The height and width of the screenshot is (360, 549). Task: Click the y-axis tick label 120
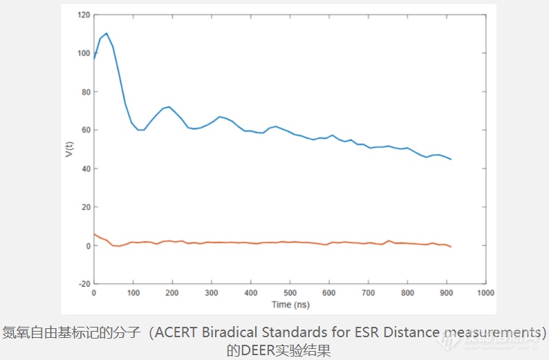[84, 15]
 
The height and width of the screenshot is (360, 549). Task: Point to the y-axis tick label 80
[86, 92]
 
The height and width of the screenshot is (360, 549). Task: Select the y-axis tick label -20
[84, 284]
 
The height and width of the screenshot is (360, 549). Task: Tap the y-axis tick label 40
[86, 169]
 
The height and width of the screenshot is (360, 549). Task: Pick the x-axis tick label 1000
[485, 294]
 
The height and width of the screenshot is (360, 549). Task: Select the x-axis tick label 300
[212, 294]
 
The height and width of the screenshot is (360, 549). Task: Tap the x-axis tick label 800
[407, 294]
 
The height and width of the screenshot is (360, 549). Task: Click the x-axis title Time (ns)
[290, 304]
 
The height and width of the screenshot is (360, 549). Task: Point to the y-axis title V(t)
[68, 149]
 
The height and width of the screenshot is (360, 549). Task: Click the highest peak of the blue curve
[106, 33]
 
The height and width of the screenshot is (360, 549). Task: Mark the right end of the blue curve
[451, 160]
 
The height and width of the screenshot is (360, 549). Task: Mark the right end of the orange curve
[451, 247]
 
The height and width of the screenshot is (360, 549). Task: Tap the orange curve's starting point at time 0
[94, 234]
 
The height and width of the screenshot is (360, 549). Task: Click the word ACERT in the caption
[174, 332]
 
